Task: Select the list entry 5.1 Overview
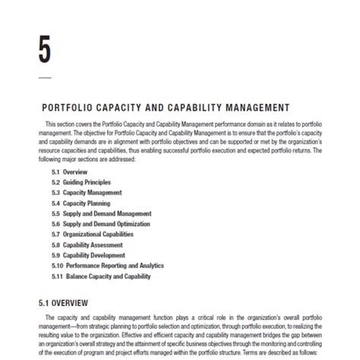(x=70, y=172)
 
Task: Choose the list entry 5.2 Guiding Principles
(x=81, y=183)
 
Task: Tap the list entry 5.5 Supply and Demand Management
(x=101, y=214)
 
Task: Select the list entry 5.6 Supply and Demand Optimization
(x=103, y=225)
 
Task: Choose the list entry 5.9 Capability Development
(x=90, y=256)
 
